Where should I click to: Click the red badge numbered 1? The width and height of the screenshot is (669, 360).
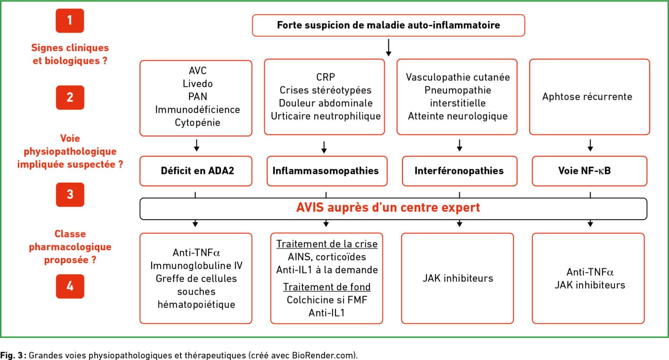70,20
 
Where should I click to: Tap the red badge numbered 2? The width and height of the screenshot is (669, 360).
70,97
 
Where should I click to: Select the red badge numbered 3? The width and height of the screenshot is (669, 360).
70,194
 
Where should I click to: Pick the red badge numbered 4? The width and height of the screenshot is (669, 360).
70,286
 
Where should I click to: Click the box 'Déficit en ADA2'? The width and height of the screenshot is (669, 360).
196,171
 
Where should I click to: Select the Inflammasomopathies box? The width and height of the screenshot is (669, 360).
327,171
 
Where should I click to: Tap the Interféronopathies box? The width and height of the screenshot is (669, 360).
460,171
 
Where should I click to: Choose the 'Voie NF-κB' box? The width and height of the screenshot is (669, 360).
590,171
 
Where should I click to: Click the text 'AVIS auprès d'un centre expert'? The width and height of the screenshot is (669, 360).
388,207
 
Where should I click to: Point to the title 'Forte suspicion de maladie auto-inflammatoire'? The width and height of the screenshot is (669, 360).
388,25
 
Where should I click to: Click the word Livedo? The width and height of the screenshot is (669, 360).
198,84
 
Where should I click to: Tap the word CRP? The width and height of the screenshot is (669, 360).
325,77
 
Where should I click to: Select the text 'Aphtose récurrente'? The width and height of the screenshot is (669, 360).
587,96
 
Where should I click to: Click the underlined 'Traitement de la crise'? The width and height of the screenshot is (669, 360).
327,244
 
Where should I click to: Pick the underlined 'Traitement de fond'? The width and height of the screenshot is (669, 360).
327,287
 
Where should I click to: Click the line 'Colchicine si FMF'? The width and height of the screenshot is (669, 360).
327,300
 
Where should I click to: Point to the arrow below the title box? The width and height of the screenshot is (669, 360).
389,48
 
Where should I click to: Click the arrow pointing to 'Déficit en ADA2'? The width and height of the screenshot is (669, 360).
196,145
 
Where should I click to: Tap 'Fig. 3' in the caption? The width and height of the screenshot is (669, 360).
11,356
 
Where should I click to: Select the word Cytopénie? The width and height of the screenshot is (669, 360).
197,123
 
